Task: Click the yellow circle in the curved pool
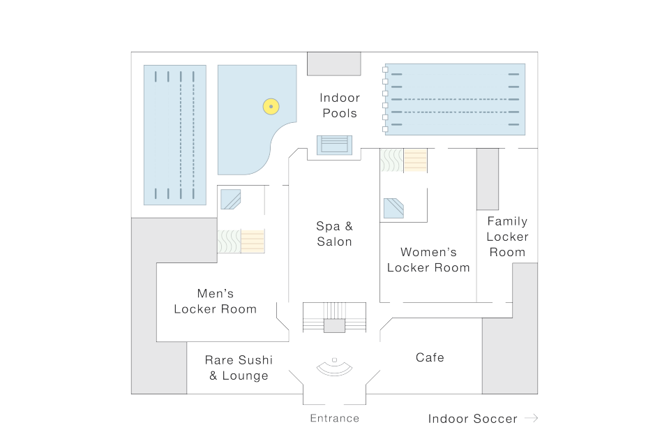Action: pos(271,107)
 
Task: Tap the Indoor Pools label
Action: pos(338,105)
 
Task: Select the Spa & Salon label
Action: pos(334,234)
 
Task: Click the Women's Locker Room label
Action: pos(428,260)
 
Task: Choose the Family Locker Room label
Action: pos(507,237)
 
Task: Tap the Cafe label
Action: pos(430,357)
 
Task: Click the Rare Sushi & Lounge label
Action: pos(238,368)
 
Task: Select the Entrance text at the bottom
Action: pos(334,418)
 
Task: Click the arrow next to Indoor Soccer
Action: pos(531,418)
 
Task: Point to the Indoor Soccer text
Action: pos(472,419)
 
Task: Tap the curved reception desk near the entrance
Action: pos(334,367)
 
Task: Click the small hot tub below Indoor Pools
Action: pos(335,144)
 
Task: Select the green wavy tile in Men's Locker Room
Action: pos(229,241)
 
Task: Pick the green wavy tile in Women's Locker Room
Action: pos(391,161)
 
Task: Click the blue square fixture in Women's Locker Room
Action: pos(393,208)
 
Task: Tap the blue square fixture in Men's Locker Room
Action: pos(230,200)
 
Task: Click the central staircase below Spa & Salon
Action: pos(334,318)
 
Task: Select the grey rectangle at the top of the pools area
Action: pos(334,64)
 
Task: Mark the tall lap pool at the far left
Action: pos(174,135)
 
